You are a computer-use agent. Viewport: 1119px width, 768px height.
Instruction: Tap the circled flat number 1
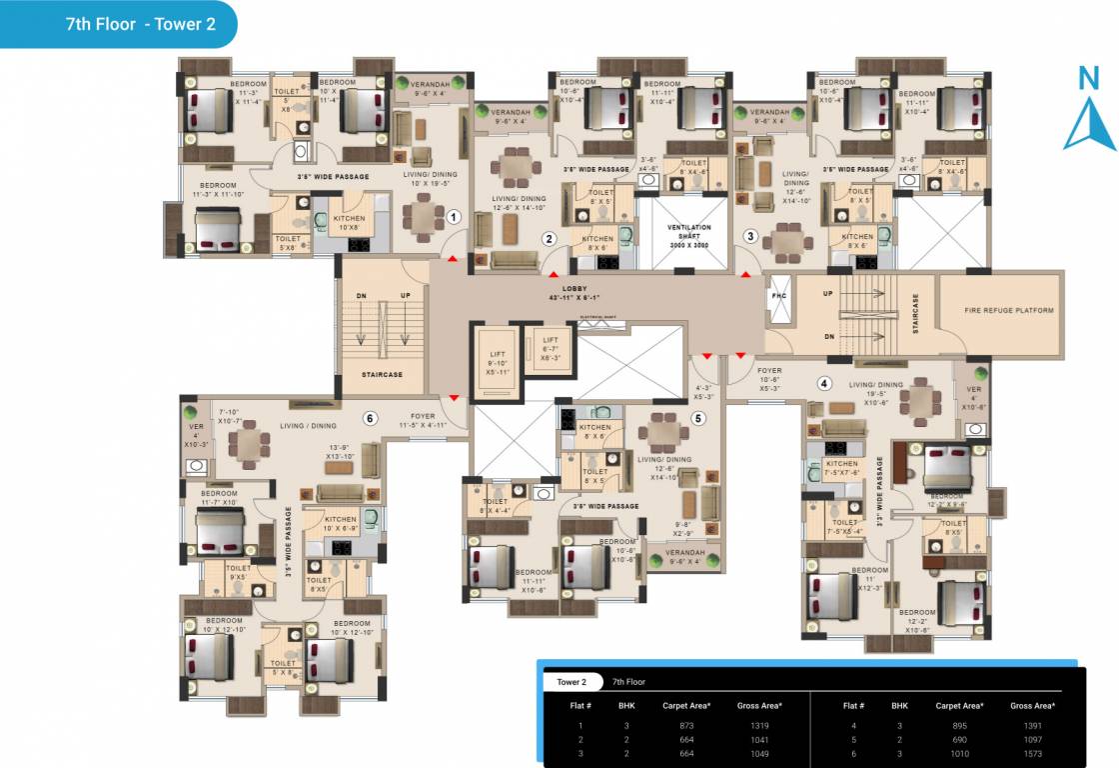453,216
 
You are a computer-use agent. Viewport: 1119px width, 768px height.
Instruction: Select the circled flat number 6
370,418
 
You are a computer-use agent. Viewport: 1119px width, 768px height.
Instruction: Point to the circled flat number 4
824,382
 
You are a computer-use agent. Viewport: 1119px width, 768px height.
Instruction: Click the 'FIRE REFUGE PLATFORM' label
1009,310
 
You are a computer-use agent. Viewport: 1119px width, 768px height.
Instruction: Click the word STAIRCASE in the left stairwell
382,375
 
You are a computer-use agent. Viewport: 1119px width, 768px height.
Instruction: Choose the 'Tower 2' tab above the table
571,682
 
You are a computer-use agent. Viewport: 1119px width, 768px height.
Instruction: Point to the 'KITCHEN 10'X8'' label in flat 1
349,222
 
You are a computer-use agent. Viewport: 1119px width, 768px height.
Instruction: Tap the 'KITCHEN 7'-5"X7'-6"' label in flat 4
841,467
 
